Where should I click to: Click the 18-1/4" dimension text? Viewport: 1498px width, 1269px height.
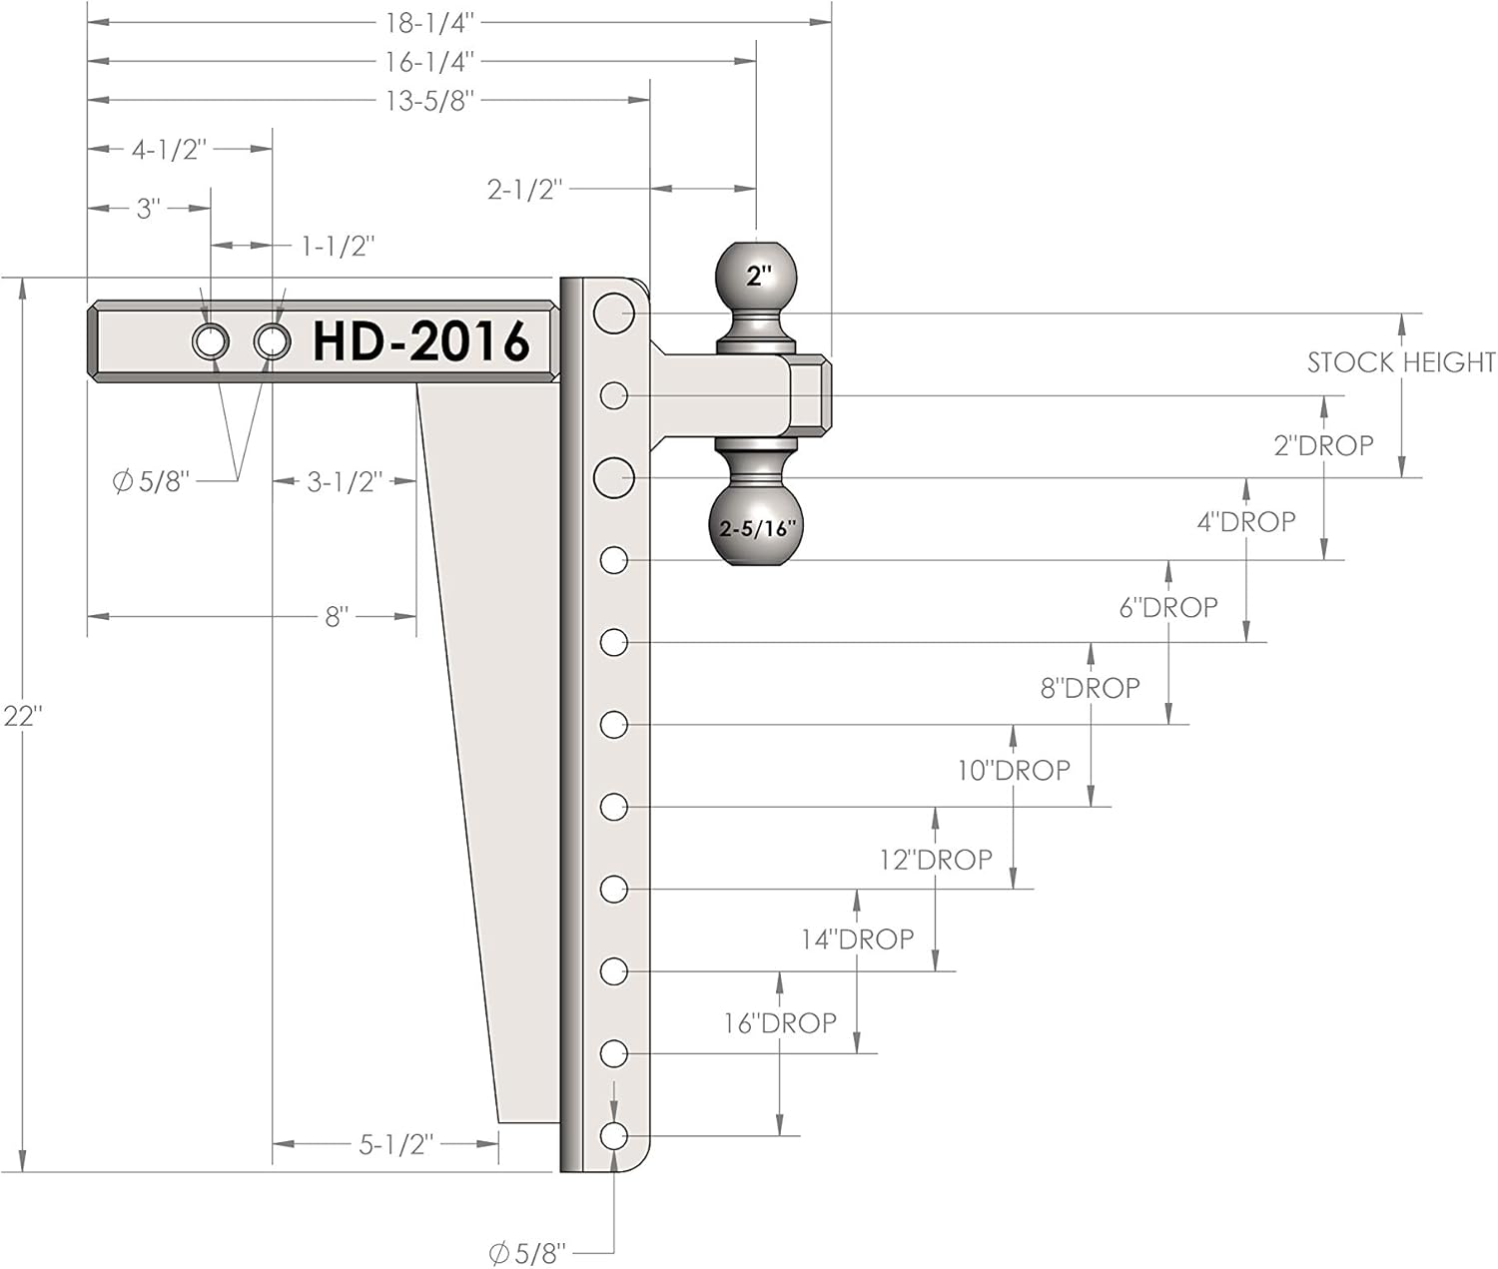429,23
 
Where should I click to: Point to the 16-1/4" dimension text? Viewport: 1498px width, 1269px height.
429,62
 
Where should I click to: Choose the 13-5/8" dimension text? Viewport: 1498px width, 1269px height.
429,101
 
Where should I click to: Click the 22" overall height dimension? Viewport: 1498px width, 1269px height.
23,717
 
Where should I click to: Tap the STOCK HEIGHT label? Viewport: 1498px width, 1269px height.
1401,361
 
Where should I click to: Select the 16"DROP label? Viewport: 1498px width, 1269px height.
780,1022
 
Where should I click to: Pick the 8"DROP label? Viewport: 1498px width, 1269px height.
1090,688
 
